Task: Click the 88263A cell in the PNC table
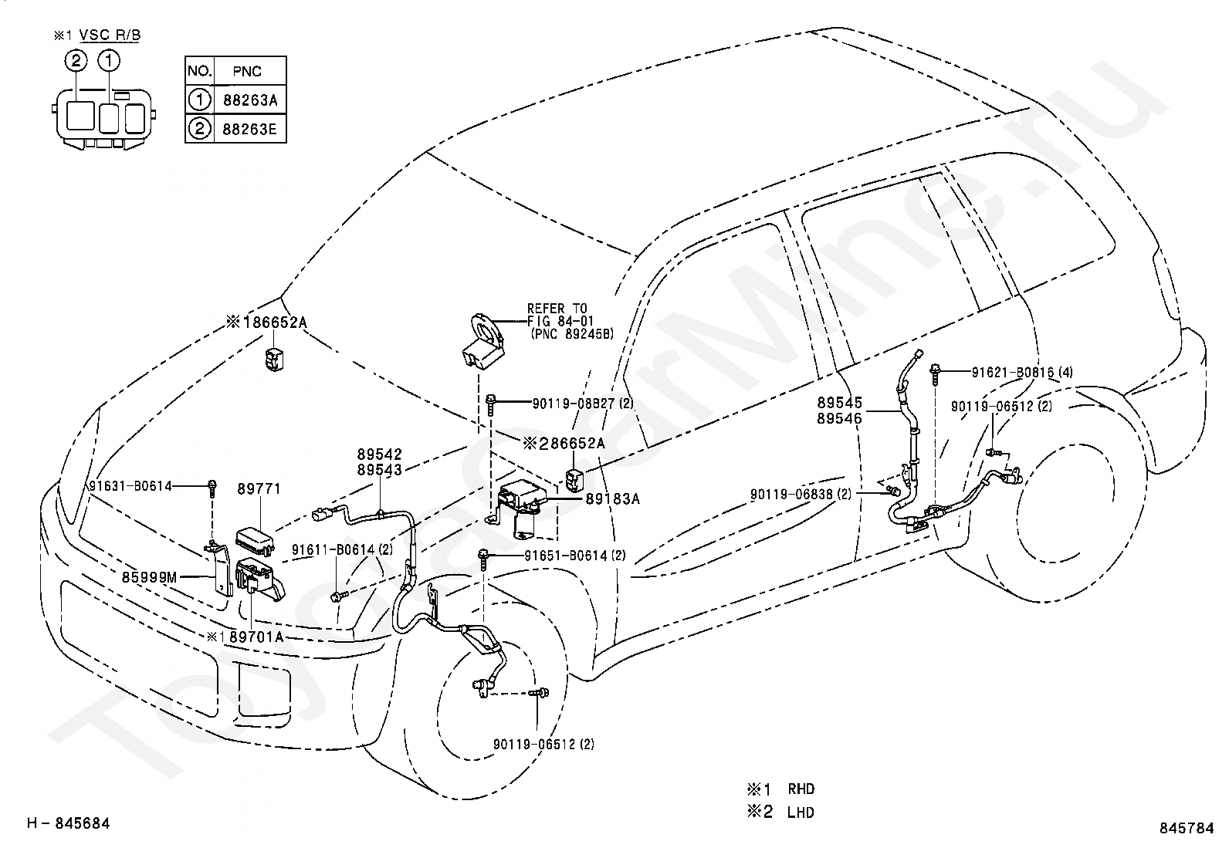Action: point(250,100)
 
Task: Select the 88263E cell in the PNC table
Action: point(250,129)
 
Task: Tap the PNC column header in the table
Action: point(247,71)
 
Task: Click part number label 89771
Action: point(259,488)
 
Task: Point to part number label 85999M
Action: point(149,577)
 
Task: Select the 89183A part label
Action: point(612,498)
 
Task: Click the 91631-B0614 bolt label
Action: point(130,486)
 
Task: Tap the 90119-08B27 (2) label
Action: point(583,404)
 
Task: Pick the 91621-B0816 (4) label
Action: point(1021,373)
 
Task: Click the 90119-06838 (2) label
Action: point(801,494)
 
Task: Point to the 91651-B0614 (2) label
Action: point(574,556)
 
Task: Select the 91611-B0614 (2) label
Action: point(342,549)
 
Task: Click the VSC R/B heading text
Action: point(110,35)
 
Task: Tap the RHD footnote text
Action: point(801,789)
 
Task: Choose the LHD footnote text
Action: point(801,813)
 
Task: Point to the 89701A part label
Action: point(256,637)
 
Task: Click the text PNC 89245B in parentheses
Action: point(572,333)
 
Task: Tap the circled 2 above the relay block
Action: point(76,60)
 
